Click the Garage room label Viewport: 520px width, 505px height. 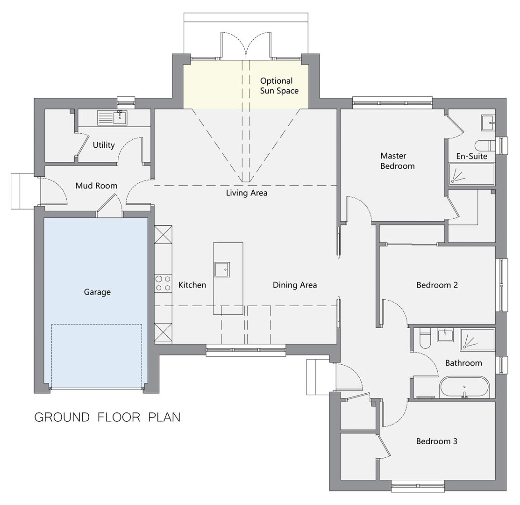click(97, 292)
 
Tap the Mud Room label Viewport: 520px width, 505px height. click(96, 186)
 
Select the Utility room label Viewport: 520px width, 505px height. click(103, 145)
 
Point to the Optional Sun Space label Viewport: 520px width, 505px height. click(279, 86)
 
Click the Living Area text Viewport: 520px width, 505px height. click(246, 193)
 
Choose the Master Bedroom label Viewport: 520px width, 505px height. click(397, 161)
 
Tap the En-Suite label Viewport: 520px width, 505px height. click(471, 156)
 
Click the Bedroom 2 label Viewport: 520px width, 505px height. click(437, 285)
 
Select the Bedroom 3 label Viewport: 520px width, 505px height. click(436, 441)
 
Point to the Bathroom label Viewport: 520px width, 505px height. click(463, 363)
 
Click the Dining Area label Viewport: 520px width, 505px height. click(294, 285)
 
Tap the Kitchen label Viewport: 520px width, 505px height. click(192, 285)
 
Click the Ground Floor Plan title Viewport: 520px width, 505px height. click(107, 417)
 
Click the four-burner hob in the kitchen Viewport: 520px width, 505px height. click(163, 283)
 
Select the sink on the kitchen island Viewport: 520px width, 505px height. click(222, 269)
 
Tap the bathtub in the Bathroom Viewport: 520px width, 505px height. click(464, 387)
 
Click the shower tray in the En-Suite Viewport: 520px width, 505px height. click(471, 174)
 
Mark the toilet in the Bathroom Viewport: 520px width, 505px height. click(425, 339)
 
